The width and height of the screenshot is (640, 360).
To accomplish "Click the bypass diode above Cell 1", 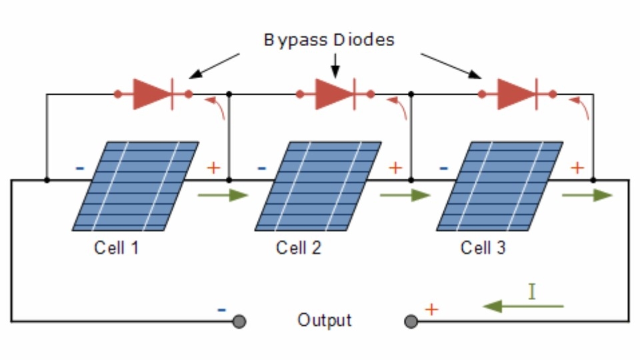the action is (x=153, y=94).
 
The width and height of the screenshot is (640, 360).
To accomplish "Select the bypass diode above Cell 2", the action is (x=335, y=94).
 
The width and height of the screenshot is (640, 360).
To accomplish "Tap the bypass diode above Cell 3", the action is (x=517, y=94).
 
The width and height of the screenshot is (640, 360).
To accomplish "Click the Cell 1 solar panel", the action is (x=135, y=187).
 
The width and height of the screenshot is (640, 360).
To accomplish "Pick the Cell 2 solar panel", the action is (x=318, y=187).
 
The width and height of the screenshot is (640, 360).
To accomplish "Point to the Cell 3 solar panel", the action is (x=500, y=187).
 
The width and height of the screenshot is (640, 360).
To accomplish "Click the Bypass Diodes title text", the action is (x=329, y=40).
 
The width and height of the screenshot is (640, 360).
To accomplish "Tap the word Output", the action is (x=325, y=321).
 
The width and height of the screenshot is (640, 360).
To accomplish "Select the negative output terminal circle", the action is (x=239, y=321).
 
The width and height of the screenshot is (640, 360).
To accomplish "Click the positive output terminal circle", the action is (x=411, y=321).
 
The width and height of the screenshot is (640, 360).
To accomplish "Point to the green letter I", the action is (x=531, y=292).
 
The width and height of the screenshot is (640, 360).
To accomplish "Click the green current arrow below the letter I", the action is (x=523, y=306).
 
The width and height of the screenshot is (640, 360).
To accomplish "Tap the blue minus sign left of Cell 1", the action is (x=80, y=168).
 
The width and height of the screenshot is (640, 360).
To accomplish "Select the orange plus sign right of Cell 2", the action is (x=395, y=168).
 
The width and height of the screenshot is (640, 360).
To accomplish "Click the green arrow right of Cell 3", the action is (x=587, y=195).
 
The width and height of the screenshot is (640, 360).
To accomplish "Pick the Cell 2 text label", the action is (x=299, y=248).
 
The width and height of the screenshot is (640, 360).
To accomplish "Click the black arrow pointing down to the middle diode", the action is (x=335, y=65).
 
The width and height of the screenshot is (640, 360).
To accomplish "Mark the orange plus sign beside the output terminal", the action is (x=431, y=309).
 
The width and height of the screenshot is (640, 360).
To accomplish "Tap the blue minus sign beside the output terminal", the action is (x=221, y=310).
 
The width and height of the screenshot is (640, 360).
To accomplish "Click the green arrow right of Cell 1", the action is (x=223, y=195).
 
